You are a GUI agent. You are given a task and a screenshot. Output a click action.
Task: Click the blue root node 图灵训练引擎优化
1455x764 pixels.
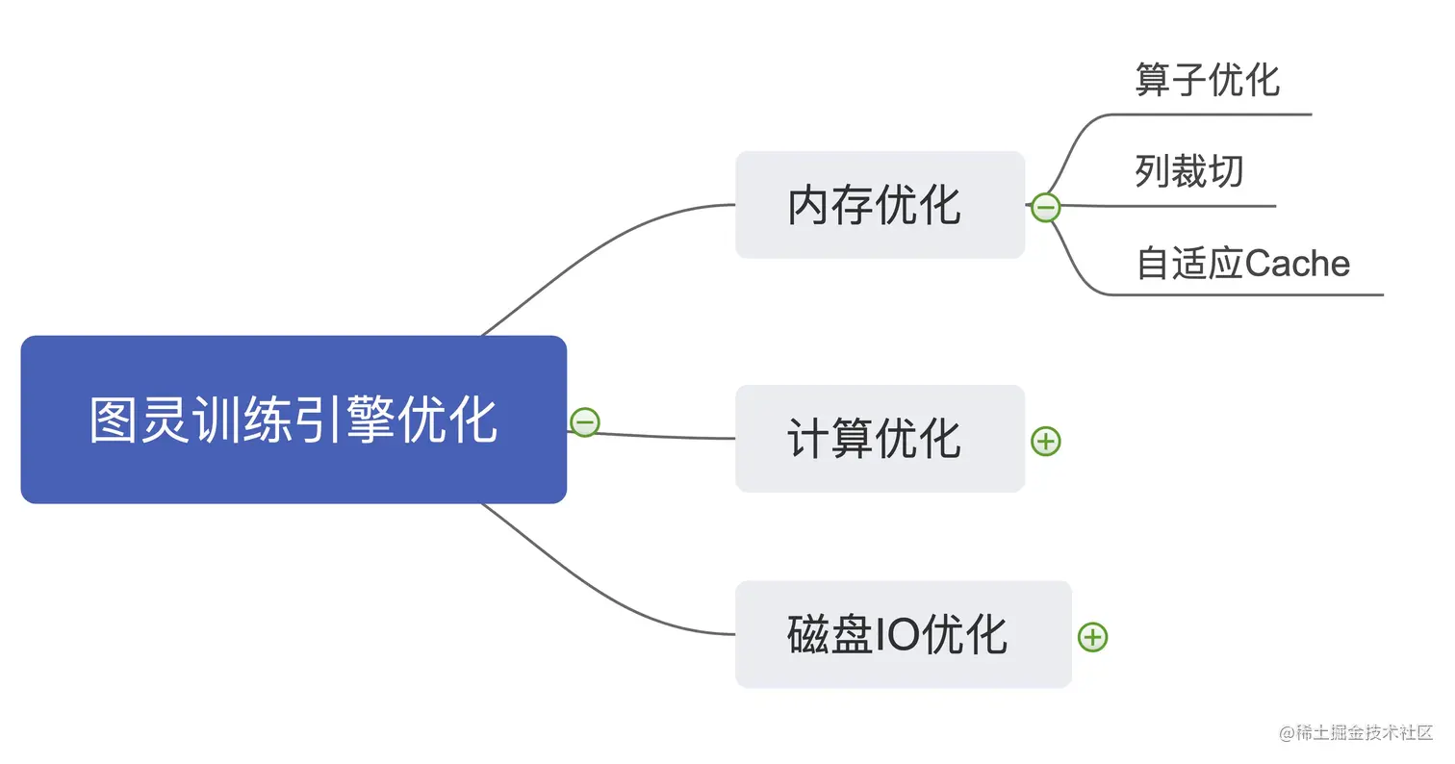294,420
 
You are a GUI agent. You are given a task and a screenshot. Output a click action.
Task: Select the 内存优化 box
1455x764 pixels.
880,205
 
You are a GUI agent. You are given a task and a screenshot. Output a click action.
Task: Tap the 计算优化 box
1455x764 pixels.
880,439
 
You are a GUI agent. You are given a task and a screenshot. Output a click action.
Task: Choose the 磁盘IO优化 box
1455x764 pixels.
903,634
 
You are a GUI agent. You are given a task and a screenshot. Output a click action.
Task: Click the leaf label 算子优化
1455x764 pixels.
1208,79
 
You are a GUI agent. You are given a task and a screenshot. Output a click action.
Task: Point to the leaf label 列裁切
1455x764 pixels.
1189,171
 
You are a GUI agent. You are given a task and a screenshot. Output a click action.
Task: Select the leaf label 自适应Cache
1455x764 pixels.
1243,263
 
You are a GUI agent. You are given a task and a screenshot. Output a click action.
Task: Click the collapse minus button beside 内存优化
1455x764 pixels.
1045,207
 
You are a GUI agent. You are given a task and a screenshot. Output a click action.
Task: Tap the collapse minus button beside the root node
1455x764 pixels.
584,421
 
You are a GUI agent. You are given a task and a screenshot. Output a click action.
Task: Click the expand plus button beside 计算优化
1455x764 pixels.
1045,441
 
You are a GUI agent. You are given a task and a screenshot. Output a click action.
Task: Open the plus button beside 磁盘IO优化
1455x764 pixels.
1092,636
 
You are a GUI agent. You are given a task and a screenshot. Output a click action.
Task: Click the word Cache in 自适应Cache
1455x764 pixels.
1297,263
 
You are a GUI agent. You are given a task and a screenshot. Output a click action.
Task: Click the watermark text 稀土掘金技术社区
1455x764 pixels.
1365,732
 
